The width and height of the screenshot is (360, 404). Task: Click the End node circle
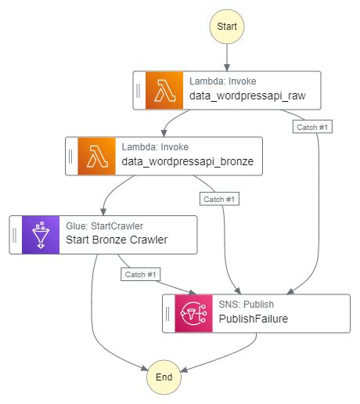(164, 377)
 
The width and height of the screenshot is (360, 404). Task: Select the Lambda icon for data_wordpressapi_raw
(164, 90)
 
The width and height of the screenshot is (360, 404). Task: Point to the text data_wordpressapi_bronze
(187, 163)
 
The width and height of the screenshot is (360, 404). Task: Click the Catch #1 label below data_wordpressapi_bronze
(219, 199)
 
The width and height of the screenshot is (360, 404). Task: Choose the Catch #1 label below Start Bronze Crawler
(141, 274)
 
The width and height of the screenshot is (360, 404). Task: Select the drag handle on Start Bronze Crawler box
(15, 233)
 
